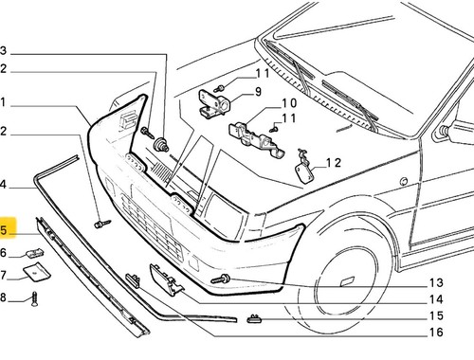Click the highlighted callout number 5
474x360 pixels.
(x=3, y=230)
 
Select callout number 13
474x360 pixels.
(x=436, y=282)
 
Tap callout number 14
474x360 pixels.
(x=436, y=299)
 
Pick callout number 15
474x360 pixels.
(x=436, y=315)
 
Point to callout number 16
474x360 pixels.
(x=436, y=332)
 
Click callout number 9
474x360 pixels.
(x=258, y=92)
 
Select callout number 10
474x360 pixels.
(x=289, y=103)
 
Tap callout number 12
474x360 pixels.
(x=334, y=163)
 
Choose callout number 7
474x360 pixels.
(x=3, y=276)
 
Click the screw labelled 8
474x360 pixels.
(x=34, y=299)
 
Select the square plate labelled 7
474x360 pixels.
(x=37, y=272)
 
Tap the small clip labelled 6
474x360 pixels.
(x=35, y=253)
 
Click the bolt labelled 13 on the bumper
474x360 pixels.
(x=221, y=279)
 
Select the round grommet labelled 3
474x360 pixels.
(x=161, y=145)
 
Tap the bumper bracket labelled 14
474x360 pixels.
(x=166, y=279)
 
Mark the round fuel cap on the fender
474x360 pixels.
(x=404, y=181)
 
